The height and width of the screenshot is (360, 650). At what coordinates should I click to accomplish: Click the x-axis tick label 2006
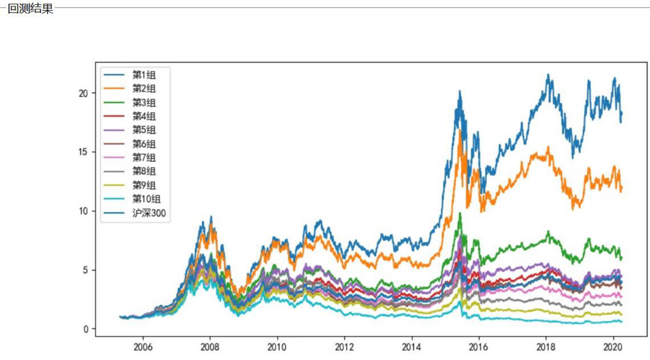(x=143, y=347)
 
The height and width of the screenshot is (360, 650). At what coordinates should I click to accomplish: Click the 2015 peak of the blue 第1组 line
(x=460, y=91)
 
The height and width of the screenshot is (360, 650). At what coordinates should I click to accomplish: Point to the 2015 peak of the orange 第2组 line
(x=460, y=130)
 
